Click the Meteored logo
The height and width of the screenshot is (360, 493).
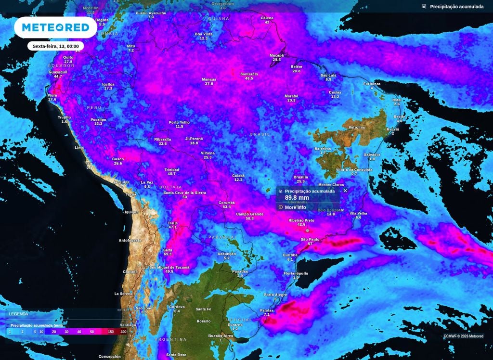(x=55, y=27)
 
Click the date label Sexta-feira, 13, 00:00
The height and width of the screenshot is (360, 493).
(x=55, y=46)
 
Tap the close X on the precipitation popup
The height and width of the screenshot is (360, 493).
(x=345, y=191)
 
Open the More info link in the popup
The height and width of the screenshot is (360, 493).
(x=295, y=207)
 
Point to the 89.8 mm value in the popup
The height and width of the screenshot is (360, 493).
(x=297, y=198)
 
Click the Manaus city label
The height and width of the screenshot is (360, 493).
(x=208, y=79)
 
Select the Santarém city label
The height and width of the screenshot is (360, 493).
(x=249, y=74)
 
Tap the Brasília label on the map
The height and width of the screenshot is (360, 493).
(x=300, y=177)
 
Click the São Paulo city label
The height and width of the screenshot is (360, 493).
(x=310, y=239)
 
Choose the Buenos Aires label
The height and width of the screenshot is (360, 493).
(x=221, y=335)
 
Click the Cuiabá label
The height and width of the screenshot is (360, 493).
(x=238, y=176)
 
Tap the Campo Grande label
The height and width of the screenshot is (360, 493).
(x=249, y=214)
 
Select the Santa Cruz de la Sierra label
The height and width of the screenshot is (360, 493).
(x=184, y=193)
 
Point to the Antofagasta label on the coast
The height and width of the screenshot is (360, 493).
(x=130, y=240)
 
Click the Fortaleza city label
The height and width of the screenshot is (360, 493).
(x=372, y=84)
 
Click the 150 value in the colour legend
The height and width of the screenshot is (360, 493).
(x=110, y=332)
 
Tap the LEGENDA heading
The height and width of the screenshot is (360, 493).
(x=18, y=314)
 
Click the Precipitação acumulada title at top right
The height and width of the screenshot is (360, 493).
(x=456, y=7)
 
